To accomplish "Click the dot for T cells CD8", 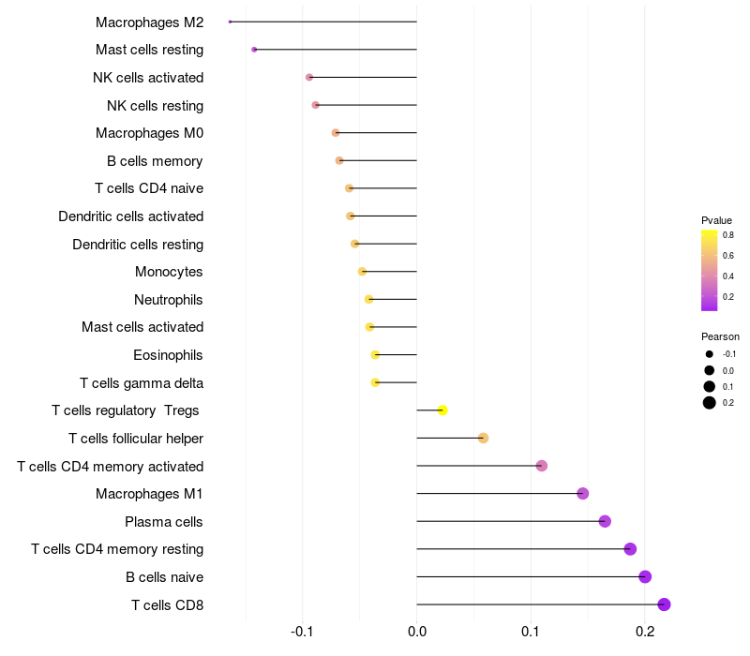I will pos(664,604).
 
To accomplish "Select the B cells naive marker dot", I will pos(645,576).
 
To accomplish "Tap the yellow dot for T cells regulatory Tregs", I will pos(442,410).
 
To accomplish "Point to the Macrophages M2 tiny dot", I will pos(230,22).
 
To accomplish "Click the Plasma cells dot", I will pos(605,521).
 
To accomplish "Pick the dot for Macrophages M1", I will pos(582,493).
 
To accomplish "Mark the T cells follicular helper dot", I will pos(483,438).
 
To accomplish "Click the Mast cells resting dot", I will pos(254,49).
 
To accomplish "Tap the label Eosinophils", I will pos(168,355).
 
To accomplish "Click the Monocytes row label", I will pos(169,272).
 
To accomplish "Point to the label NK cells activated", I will pos(148,77).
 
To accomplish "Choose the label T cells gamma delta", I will pos(142,383).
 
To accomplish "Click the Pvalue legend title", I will pos(716,220).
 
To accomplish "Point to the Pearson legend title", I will pos(720,336).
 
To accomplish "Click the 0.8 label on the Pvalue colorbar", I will pos(727,235).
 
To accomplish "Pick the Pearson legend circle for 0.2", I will pos(710,403).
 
